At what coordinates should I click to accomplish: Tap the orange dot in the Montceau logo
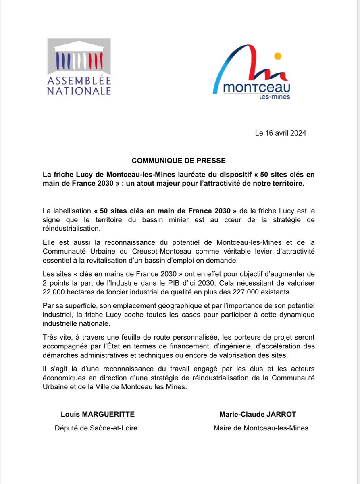pyautogui.click(x=277, y=56)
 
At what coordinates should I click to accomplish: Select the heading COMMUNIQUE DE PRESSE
pyautogui.click(x=179, y=160)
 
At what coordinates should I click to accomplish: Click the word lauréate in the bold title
pyautogui.click(x=186, y=175)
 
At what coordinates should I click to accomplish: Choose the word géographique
pyautogui.click(x=170, y=305)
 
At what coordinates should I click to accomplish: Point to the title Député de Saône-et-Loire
pyautogui.click(x=96, y=428)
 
